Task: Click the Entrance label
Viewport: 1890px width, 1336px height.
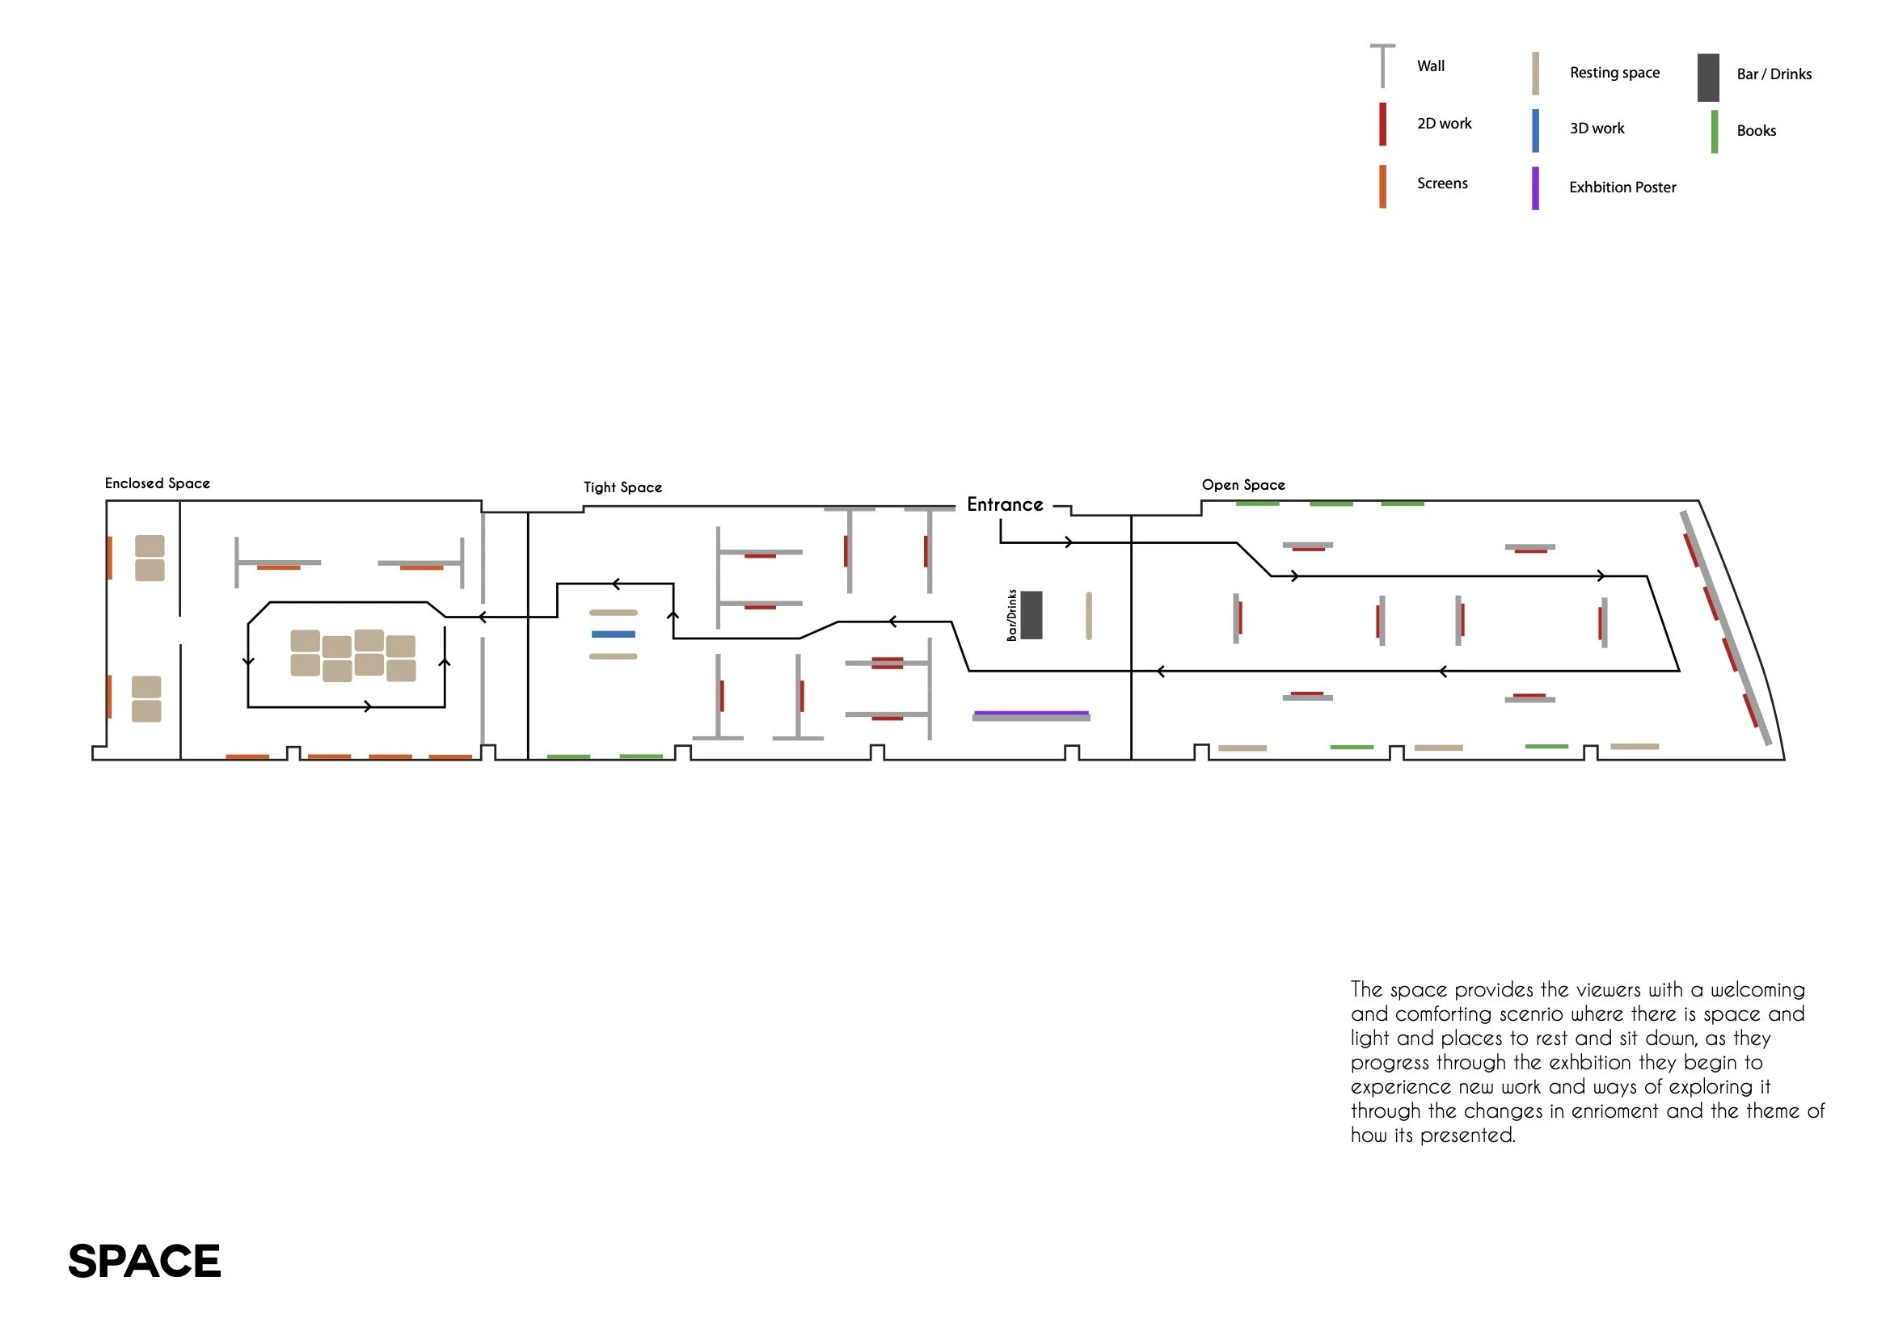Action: (1004, 504)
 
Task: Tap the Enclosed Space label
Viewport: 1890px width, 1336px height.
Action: (157, 483)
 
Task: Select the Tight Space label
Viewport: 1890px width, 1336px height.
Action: (622, 487)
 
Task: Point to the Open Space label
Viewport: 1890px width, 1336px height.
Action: (1243, 485)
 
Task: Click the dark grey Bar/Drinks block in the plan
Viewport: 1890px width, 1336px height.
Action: (1031, 615)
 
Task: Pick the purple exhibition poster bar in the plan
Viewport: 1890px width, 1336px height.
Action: (1031, 713)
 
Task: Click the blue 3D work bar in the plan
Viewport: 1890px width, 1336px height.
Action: (614, 634)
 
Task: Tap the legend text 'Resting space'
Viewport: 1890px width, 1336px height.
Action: (1614, 73)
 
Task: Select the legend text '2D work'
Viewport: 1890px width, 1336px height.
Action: (1444, 124)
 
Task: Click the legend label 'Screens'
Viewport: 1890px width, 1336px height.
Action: (1442, 183)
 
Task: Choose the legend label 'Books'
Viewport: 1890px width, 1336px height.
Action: (1756, 131)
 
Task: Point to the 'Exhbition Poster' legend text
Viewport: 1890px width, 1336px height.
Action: (1622, 188)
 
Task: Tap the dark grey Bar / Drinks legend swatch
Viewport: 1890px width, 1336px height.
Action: (1708, 78)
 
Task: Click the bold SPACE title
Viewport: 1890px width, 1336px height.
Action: (144, 1261)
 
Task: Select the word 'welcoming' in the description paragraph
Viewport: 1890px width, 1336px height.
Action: (1757, 989)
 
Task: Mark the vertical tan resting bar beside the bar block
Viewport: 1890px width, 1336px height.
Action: (1088, 616)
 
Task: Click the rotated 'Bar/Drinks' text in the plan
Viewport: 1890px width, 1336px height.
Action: (1011, 615)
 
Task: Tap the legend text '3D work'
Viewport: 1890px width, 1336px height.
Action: (1596, 129)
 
